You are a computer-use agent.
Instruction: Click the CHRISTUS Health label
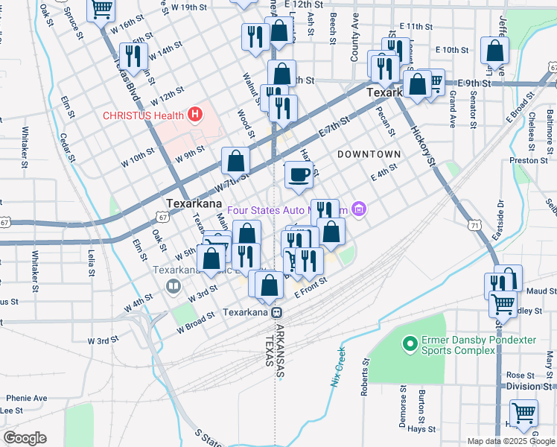coord(144,115)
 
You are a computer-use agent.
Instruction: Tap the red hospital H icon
coord(195,115)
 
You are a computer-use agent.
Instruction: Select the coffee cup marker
coord(299,175)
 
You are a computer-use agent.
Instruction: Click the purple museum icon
coord(359,210)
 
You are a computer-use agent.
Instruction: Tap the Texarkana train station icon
coord(276,313)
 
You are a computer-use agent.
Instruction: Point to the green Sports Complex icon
coord(409,343)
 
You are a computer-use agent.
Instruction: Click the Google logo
coord(25,438)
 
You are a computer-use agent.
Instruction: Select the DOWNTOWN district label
coord(369,154)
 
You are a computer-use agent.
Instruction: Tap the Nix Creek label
coord(337,366)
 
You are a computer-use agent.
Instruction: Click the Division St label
coord(529,387)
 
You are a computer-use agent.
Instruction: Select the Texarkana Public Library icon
coord(173,285)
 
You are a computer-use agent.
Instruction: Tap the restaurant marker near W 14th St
coord(133,56)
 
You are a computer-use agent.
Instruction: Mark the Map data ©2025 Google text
coord(510,440)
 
